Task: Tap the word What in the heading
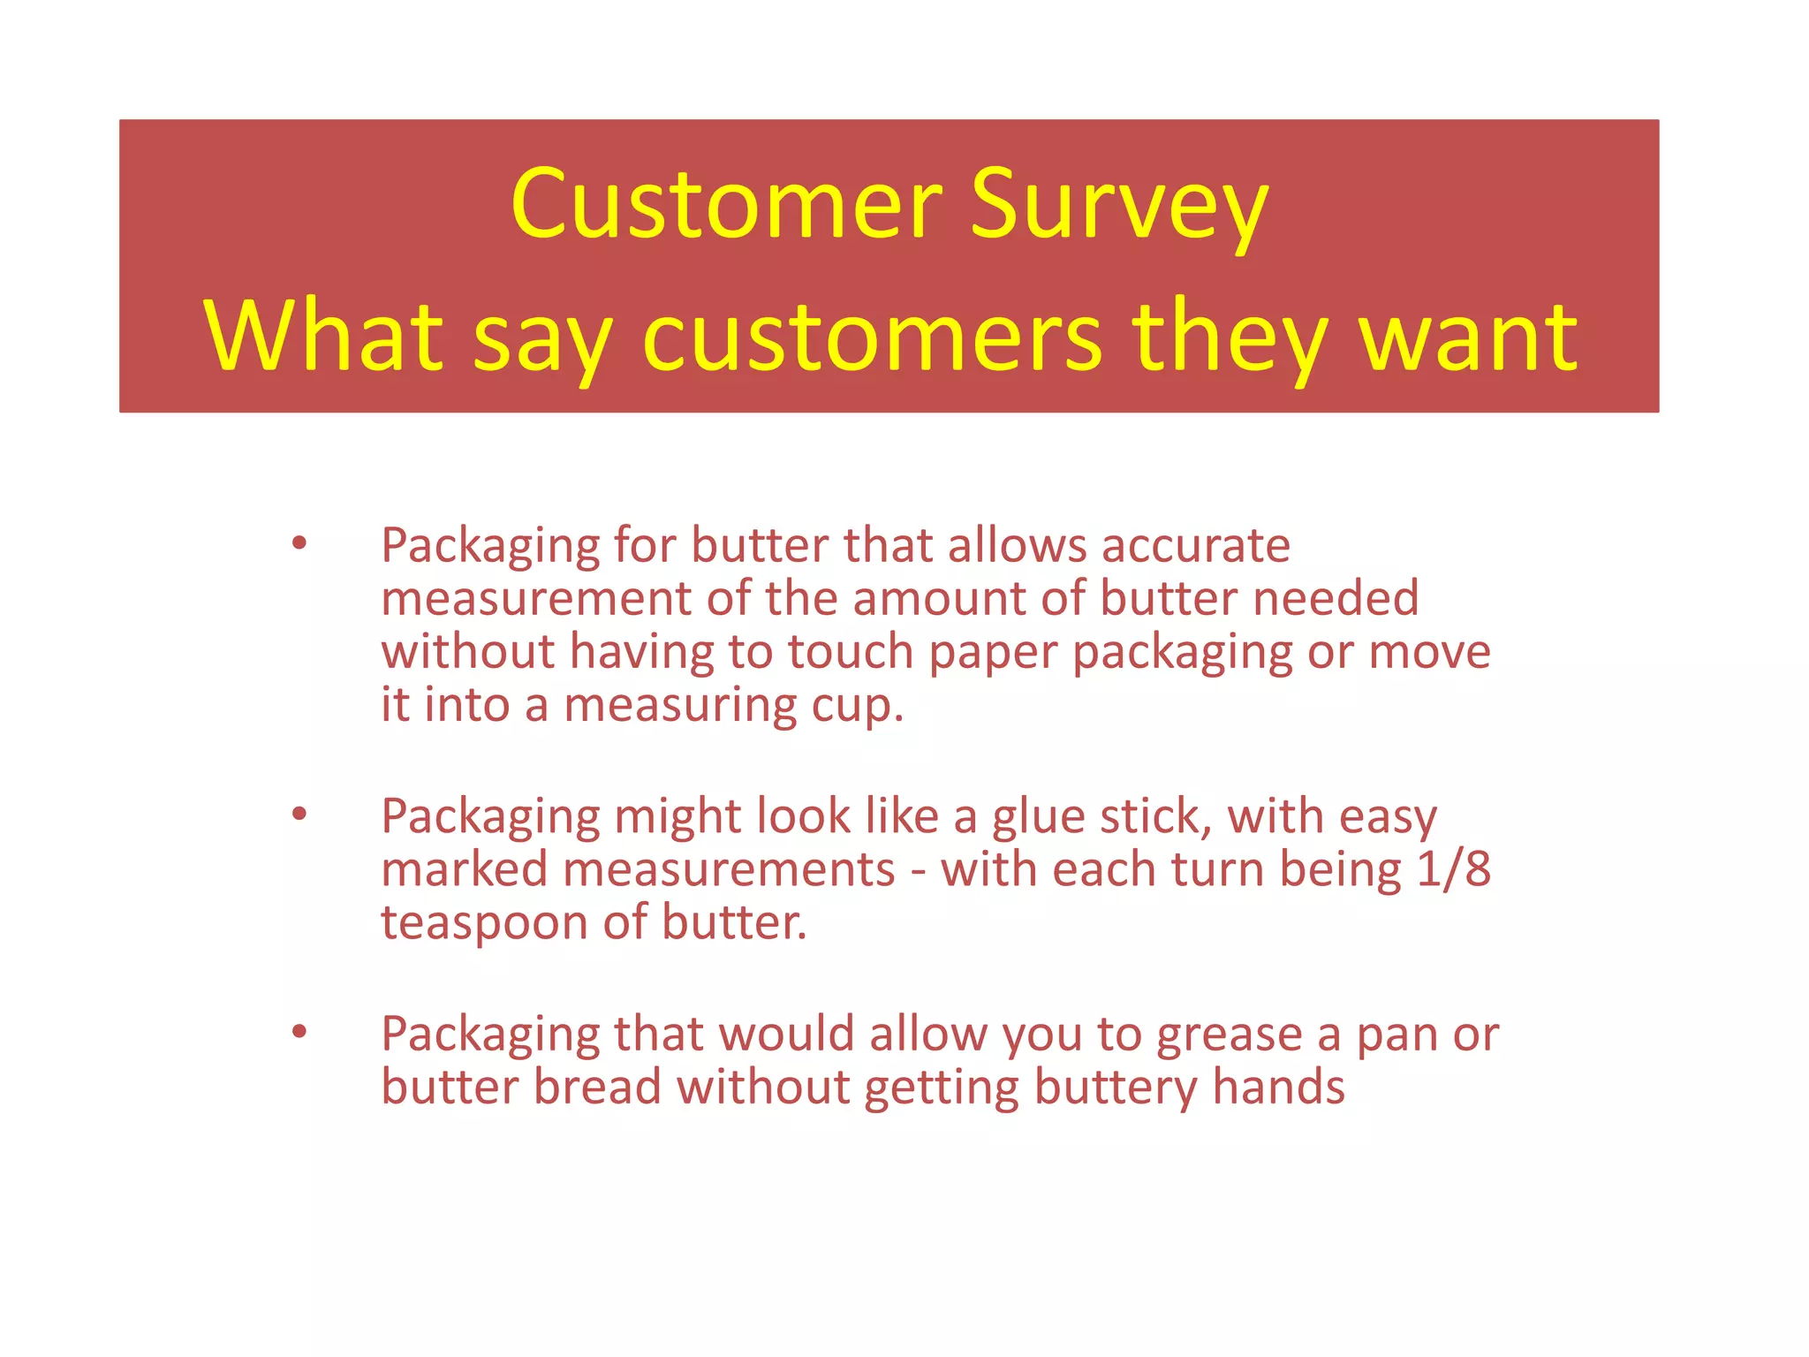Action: pyautogui.click(x=322, y=337)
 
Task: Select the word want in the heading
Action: pyautogui.click(x=1468, y=337)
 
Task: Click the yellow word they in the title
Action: pyautogui.click(x=1230, y=337)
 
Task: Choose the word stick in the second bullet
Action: pyautogui.click(x=1155, y=816)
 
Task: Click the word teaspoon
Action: pyautogui.click(x=484, y=924)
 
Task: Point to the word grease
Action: pyautogui.click(x=1229, y=1035)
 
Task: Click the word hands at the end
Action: pyautogui.click(x=1278, y=1087)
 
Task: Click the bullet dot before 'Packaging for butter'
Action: pyautogui.click(x=299, y=544)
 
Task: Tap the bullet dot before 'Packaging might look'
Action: pyautogui.click(x=299, y=815)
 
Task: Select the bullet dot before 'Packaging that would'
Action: pyautogui.click(x=299, y=1031)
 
